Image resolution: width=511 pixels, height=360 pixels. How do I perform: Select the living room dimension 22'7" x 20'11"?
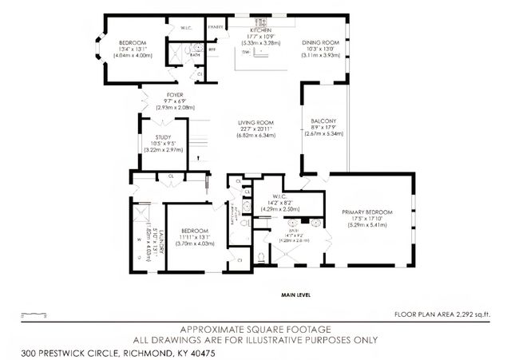[256, 129]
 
